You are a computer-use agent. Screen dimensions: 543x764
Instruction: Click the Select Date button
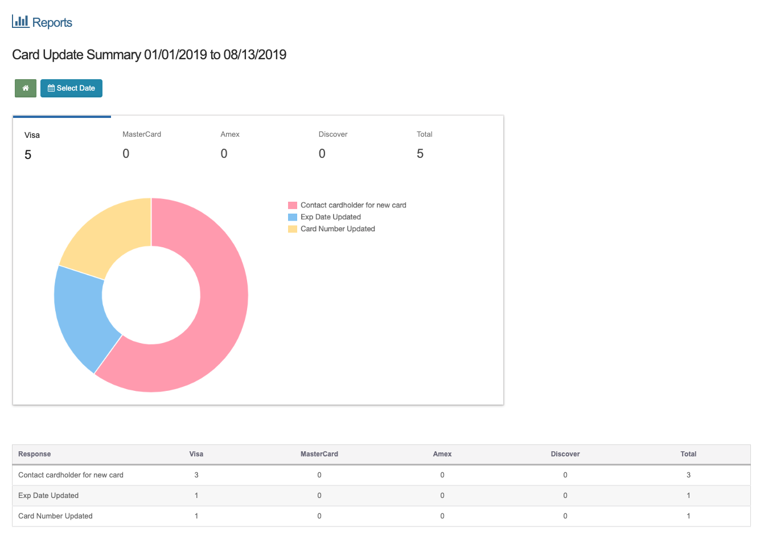coord(71,88)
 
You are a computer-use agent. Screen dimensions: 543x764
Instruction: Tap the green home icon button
coord(26,88)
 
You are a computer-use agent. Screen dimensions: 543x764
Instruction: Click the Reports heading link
coord(42,22)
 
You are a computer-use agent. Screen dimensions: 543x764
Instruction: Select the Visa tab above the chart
coord(32,135)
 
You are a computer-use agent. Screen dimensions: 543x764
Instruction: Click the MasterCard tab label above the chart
coord(142,134)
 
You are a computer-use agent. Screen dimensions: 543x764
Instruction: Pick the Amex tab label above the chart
coord(230,134)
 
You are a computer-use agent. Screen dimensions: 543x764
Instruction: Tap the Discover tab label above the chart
coord(333,134)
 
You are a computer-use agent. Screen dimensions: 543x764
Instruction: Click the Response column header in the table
coord(35,454)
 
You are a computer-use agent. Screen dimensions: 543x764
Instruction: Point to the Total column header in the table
coord(688,454)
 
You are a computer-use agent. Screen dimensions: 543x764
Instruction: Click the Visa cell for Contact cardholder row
coord(196,475)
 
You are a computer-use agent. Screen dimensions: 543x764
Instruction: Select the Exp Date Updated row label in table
coord(48,496)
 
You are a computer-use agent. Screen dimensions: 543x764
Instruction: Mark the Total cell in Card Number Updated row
coord(688,516)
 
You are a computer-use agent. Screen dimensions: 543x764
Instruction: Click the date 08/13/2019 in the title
coord(255,55)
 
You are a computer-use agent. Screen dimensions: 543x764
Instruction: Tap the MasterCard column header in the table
coord(319,454)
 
